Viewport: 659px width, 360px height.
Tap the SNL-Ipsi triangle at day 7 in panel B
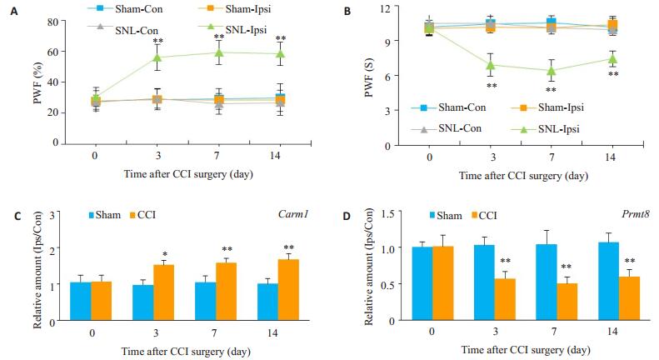pyautogui.click(x=550, y=71)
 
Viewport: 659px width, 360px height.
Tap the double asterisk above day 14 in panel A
pyautogui.click(x=280, y=39)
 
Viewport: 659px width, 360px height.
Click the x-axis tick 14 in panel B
pyautogui.click(x=611, y=156)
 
